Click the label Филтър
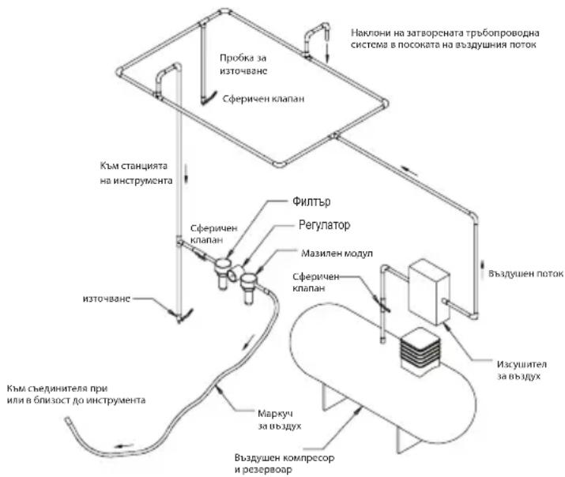click(311, 201)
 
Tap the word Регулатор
click(324, 225)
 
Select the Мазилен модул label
click(337, 253)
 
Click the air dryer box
click(429, 291)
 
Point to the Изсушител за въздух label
click(522, 370)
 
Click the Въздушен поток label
click(525, 273)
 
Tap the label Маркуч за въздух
click(279, 419)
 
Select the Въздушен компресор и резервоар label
click(284, 464)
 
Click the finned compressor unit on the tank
click(420, 351)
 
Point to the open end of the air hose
click(67, 419)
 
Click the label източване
click(107, 299)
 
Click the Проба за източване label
click(243, 65)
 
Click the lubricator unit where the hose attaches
click(249, 287)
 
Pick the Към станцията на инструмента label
click(136, 173)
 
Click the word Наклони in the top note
click(371, 33)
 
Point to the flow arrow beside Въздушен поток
click(483, 270)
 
